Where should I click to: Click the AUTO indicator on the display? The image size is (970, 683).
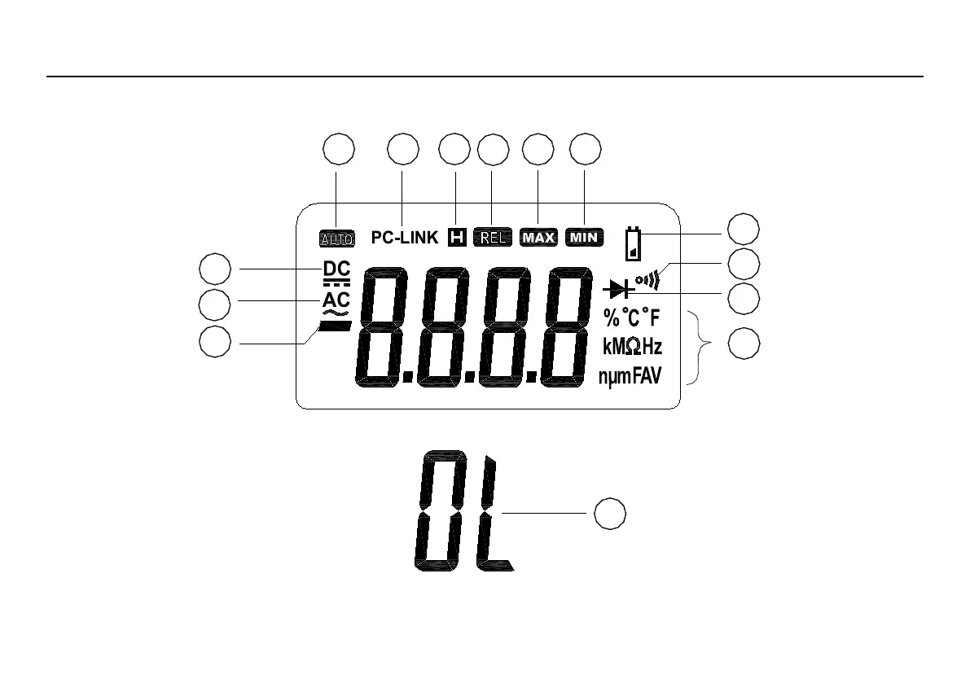(336, 239)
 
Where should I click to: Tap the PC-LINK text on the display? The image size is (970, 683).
(405, 238)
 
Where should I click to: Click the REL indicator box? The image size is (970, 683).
(493, 238)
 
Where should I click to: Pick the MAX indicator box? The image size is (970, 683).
(538, 238)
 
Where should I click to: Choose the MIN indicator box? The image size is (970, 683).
(585, 238)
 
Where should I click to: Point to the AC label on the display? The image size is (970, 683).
(336, 300)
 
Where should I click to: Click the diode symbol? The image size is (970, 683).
(619, 291)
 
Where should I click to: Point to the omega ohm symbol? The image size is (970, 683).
(631, 347)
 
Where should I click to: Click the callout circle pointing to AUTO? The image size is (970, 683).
(339, 150)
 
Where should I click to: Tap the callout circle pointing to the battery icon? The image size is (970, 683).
(743, 229)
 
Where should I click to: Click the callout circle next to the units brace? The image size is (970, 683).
(743, 344)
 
